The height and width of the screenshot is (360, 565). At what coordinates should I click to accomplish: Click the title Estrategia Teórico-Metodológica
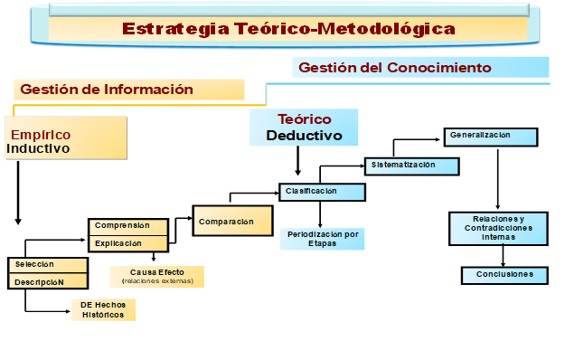288,29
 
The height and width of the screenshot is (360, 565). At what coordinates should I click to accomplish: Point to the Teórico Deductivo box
304,128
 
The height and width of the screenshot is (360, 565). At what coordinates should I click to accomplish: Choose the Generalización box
490,136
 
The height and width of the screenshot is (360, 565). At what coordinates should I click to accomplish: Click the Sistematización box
411,166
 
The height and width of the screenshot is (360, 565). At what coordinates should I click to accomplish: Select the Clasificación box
322,192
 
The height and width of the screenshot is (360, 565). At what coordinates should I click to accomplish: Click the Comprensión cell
127,226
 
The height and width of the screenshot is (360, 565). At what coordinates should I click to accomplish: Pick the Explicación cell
127,243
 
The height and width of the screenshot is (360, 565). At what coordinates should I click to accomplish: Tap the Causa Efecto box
157,276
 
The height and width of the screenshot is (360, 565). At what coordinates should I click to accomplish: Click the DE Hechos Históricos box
103,310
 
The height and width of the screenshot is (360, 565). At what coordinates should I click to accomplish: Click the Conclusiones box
504,274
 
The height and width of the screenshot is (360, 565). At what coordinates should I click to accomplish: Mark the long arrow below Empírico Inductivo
17,194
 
